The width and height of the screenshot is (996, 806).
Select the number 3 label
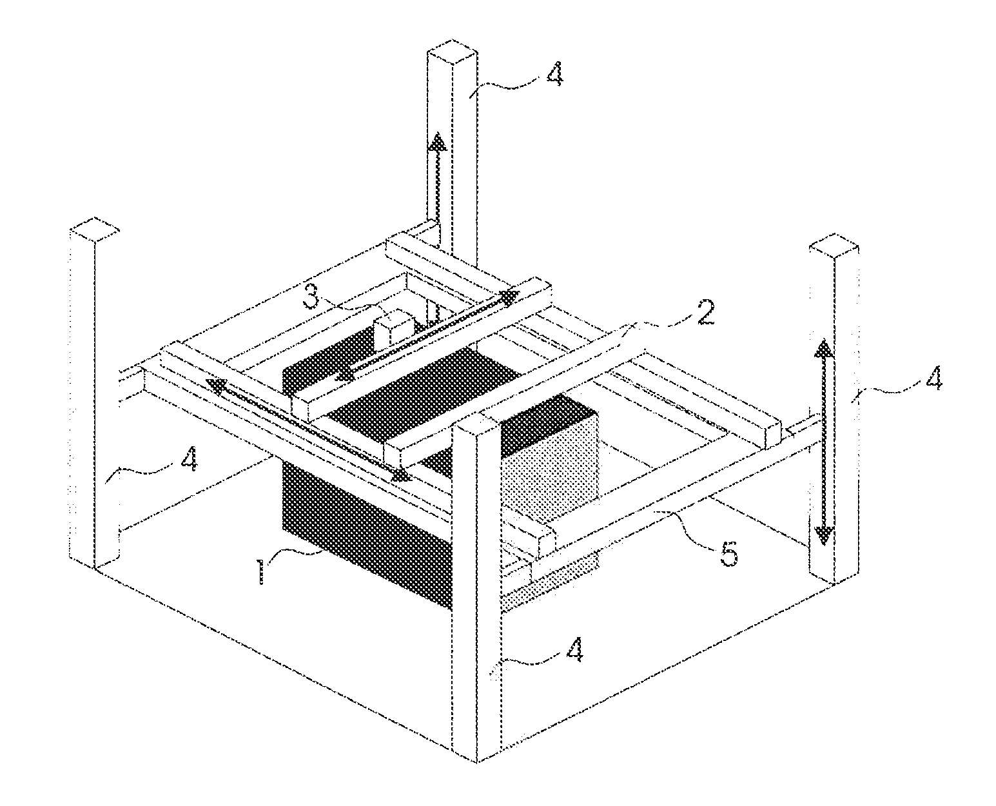pyautogui.click(x=311, y=298)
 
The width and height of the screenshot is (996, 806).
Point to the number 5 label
pyautogui.click(x=728, y=553)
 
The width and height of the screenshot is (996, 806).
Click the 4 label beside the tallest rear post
pyautogui.click(x=553, y=74)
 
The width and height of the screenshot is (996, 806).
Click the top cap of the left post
pyautogui.click(x=94, y=230)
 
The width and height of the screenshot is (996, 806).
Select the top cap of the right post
pyautogui.click(x=834, y=247)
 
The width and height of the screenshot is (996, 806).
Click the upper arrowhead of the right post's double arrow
pyautogui.click(x=823, y=349)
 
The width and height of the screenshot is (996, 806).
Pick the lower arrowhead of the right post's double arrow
pyautogui.click(x=823, y=535)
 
